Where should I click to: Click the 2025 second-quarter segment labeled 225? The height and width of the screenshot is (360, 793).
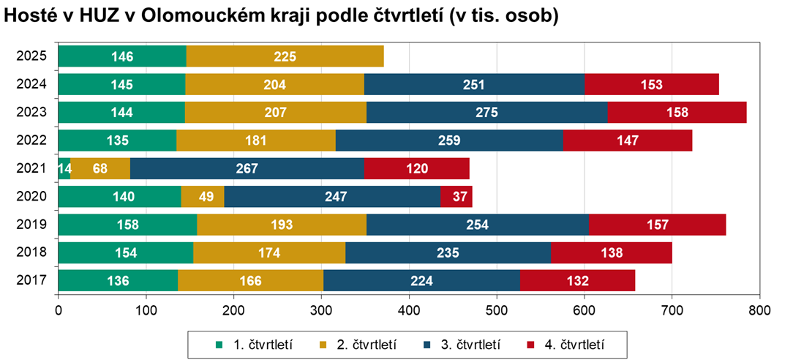coord(285,56)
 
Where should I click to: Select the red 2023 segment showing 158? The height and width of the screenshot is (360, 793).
coord(677,113)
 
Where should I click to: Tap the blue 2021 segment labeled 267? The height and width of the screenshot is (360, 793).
coord(247,168)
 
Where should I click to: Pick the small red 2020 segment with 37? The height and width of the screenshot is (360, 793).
coord(456,196)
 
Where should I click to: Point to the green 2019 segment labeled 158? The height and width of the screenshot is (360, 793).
coord(127,225)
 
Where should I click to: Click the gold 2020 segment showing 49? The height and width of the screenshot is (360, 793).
coord(203,196)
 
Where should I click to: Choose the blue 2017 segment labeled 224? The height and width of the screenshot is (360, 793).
coord(421,280)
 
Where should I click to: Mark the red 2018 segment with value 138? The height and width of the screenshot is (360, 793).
coord(611,252)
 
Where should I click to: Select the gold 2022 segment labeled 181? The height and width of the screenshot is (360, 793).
coord(256,140)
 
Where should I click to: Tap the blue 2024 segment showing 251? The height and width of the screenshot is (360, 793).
coord(474,84)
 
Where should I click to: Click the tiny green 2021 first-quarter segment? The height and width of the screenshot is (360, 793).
coord(64,168)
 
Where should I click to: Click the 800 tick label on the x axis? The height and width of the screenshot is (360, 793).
coord(760,310)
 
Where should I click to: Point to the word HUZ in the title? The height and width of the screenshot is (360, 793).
coord(89,18)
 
